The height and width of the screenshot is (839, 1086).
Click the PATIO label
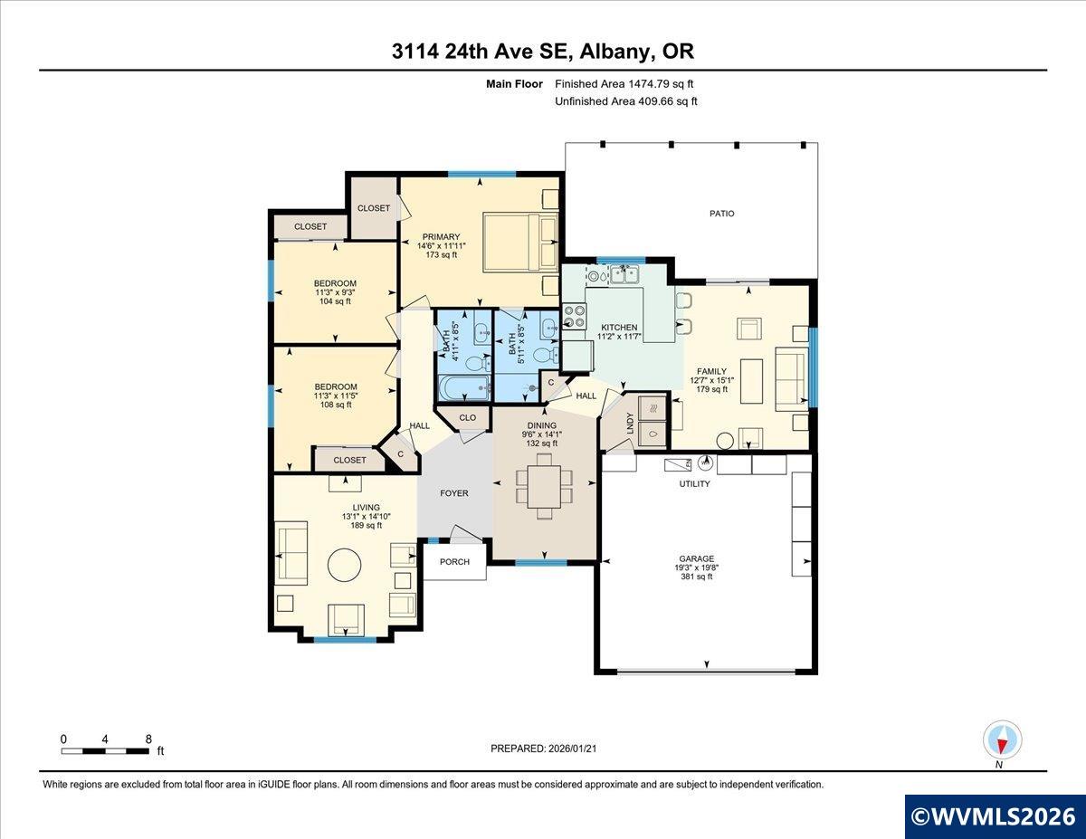click(721, 214)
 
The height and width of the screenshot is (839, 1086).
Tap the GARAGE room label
click(696, 558)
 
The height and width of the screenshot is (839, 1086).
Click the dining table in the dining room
click(544, 486)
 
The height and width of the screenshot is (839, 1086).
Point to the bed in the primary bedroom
click(520, 243)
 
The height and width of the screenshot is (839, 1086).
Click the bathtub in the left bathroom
click(464, 387)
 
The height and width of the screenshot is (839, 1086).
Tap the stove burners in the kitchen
click(575, 316)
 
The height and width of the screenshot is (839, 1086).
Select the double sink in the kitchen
click(624, 274)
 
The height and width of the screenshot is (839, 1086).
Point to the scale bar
click(105, 751)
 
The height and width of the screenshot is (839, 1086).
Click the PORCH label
click(454, 562)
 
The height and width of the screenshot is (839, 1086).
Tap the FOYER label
click(453, 493)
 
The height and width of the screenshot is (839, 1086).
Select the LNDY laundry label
click(630, 423)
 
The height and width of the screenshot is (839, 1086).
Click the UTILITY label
click(694, 483)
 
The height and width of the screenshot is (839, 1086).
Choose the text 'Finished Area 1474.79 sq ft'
click(624, 84)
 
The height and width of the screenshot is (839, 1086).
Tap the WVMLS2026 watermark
click(994, 816)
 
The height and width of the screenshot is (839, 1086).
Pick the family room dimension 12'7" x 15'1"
click(711, 380)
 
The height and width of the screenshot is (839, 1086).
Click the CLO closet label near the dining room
click(467, 418)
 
